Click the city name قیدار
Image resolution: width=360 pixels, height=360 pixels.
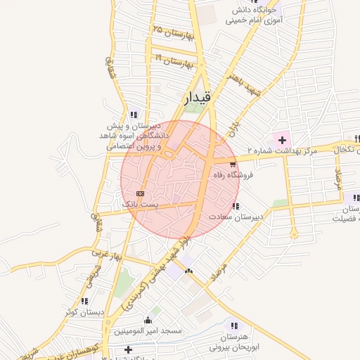pyautogui.click(x=197, y=98)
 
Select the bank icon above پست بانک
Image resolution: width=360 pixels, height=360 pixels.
pyautogui.click(x=140, y=193)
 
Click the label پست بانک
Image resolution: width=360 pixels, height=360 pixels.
pyautogui.click(x=141, y=204)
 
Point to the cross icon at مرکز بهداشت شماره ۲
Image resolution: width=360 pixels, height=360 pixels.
pyautogui.click(x=282, y=140)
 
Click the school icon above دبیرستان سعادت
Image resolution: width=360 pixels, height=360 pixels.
pyautogui.click(x=235, y=206)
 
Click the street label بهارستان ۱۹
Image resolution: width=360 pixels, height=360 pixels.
pyautogui.click(x=174, y=61)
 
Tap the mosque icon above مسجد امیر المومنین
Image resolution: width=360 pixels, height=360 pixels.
pyautogui.click(x=148, y=320)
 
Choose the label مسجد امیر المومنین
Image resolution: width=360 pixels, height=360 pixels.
pyautogui.click(x=148, y=330)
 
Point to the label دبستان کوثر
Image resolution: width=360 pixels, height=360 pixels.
pyautogui.click(x=84, y=311)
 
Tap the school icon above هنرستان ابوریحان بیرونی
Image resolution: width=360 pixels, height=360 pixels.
pyautogui.click(x=234, y=326)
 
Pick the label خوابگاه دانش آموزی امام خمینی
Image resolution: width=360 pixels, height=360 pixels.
pyautogui.click(x=253, y=15)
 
